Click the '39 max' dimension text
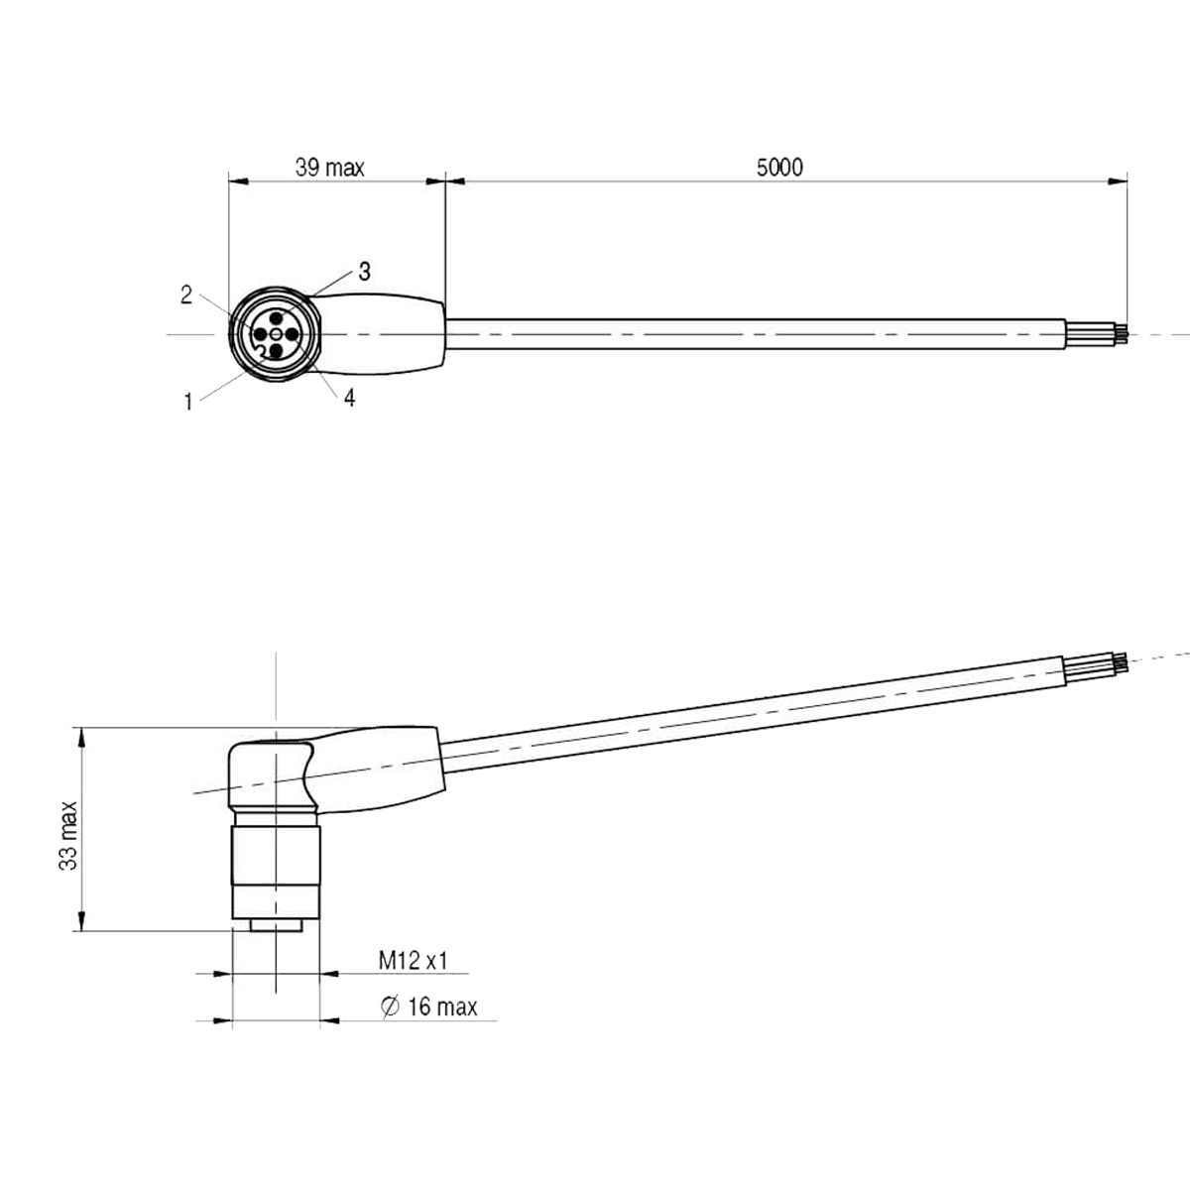[x=330, y=168]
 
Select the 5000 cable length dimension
[x=779, y=168]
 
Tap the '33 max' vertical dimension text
[x=68, y=836]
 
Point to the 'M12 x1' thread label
[x=414, y=960]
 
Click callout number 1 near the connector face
[x=188, y=403]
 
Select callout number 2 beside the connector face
[x=186, y=296]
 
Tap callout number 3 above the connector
[x=364, y=271]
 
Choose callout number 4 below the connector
[x=349, y=399]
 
